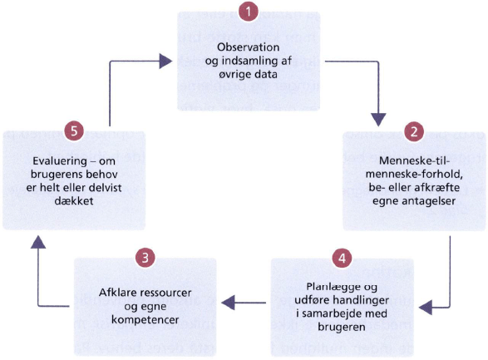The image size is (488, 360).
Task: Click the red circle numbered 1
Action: pos(249,12)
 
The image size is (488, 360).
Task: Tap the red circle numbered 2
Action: pos(414,131)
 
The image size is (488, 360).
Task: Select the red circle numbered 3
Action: pos(145,258)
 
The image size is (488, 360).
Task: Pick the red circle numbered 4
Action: pos(342,258)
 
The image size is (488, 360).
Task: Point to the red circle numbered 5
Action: pos(74,131)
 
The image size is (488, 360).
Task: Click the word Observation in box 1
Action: pos(248,47)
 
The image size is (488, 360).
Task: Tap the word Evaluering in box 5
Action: pos(57,160)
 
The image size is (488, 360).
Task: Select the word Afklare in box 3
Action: pos(118,293)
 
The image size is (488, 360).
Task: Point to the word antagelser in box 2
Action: pos(429,200)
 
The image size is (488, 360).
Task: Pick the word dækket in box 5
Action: pos(74,200)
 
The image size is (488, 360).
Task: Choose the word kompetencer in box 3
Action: pos(145,320)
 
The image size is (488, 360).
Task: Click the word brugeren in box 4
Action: pos(342,327)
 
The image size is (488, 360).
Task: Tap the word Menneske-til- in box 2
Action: pos(415,160)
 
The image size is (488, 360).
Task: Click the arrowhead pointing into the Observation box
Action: pos(165,61)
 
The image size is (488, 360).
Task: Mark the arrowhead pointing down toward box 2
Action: pos(378,120)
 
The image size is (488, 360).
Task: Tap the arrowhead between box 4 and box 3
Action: pos(228,303)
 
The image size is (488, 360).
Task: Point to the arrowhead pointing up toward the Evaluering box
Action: pos(38,242)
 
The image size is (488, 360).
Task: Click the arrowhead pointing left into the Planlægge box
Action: pos(426,308)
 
